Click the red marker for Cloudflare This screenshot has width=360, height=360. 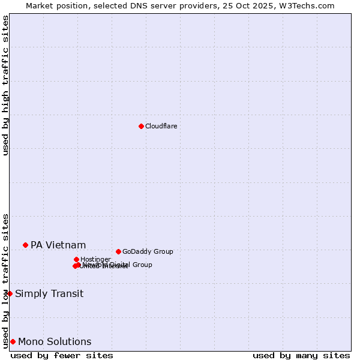click(141, 126)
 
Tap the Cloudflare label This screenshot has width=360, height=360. click(161, 126)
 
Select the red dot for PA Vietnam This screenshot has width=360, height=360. click(25, 245)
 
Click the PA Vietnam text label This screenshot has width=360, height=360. click(58, 245)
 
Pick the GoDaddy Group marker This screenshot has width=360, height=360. click(118, 251)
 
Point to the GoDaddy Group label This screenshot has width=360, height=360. click(148, 251)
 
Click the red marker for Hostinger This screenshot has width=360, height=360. click(76, 259)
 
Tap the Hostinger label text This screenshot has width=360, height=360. click(95, 259)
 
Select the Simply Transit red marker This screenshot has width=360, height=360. click(10, 293)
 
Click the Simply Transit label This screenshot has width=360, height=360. click(49, 293)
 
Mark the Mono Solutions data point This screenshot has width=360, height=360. click(13, 341)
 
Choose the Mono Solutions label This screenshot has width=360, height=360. click(55, 342)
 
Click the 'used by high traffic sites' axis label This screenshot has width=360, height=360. click(5, 85)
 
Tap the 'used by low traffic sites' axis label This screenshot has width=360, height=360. click(5, 280)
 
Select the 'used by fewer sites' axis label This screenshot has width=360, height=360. click(62, 355)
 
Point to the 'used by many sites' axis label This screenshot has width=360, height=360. click(301, 355)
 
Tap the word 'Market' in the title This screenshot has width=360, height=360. click(39, 5)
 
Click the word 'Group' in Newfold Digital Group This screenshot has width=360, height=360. click(142, 265)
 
